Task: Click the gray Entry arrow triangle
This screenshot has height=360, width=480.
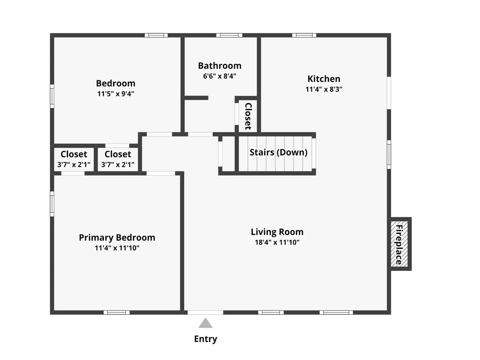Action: (205, 323)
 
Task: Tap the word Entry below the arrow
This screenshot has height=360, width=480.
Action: (205, 339)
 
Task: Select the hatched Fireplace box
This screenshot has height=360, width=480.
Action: (399, 244)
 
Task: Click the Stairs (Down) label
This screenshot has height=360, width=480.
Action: (278, 152)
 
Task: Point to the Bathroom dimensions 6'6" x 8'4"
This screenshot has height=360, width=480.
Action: (220, 76)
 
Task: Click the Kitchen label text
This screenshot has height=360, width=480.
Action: (324, 79)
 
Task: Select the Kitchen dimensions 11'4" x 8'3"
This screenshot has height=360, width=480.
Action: (324, 89)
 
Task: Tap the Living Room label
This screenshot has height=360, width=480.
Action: (277, 232)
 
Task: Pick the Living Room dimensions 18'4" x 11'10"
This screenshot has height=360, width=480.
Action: (277, 242)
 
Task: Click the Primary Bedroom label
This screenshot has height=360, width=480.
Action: (117, 238)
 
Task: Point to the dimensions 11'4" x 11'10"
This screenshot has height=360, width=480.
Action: (117, 248)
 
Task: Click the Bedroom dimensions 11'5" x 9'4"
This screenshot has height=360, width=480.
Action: (116, 94)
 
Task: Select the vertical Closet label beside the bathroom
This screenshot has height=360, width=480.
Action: (248, 116)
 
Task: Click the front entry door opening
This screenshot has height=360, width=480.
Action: (205, 313)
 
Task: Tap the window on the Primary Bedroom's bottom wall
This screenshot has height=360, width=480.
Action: (117, 313)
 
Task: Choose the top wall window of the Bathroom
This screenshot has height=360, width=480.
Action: (229, 35)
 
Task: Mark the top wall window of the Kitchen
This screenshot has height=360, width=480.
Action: (304, 35)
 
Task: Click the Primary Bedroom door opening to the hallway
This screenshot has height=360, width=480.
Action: (161, 173)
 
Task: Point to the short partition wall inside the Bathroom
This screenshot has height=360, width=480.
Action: (196, 98)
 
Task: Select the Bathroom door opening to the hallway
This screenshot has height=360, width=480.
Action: (200, 134)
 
